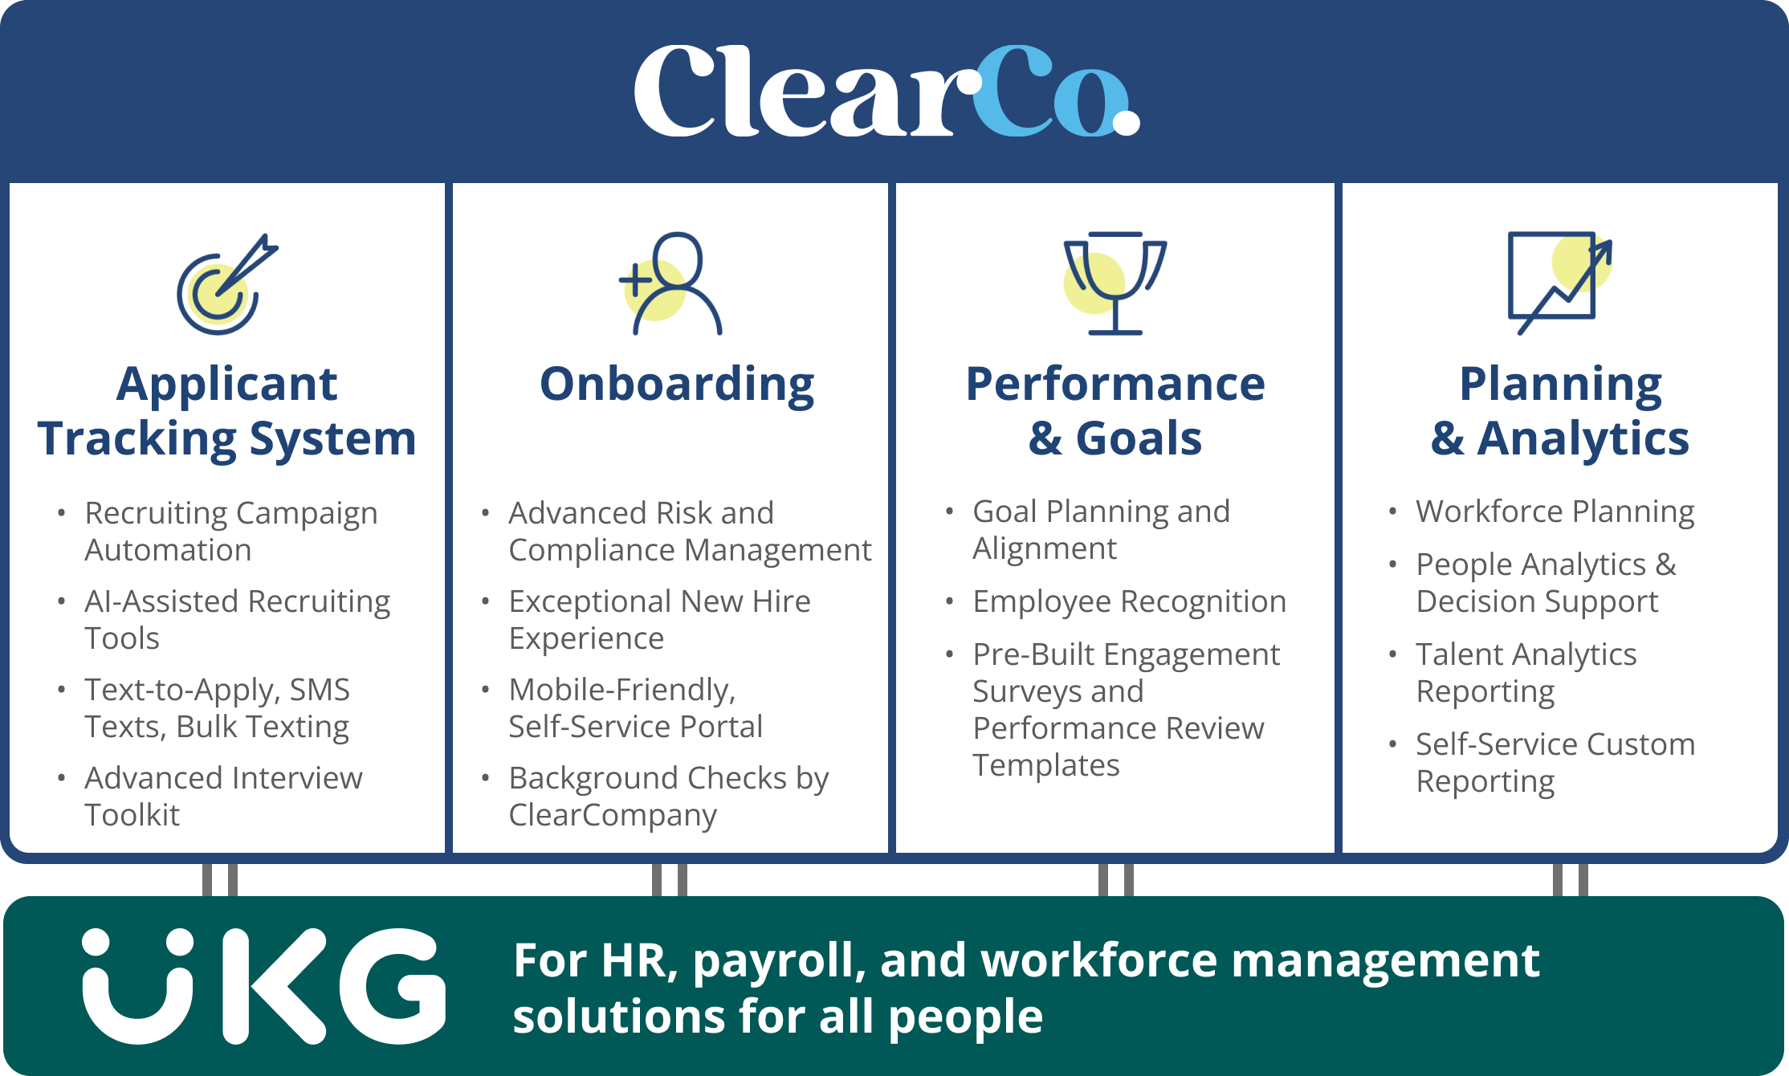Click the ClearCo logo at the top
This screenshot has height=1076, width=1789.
(x=886, y=91)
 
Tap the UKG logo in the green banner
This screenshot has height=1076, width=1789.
(x=263, y=986)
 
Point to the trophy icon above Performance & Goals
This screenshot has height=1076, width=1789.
(x=1115, y=283)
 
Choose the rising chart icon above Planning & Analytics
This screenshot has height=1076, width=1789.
(x=1559, y=283)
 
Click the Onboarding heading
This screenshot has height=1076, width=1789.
(x=677, y=384)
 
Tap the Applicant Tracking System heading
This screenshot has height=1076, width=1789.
(x=227, y=411)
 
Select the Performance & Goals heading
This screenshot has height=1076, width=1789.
(x=1115, y=411)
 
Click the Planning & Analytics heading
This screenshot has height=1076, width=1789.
(x=1559, y=411)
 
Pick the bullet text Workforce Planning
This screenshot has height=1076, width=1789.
(x=1555, y=512)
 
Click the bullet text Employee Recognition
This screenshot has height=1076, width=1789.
(x=1129, y=601)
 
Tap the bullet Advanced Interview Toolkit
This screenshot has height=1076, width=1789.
(x=223, y=796)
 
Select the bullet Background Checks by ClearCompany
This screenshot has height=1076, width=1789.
(x=668, y=796)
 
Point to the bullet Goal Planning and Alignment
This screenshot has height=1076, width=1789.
(x=1100, y=530)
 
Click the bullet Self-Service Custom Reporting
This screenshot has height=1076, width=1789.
(x=1555, y=762)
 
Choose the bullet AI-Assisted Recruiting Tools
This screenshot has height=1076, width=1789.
(x=237, y=619)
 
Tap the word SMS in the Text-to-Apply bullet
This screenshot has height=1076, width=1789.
(x=320, y=690)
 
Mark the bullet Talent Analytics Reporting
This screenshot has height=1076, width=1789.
(x=1526, y=672)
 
